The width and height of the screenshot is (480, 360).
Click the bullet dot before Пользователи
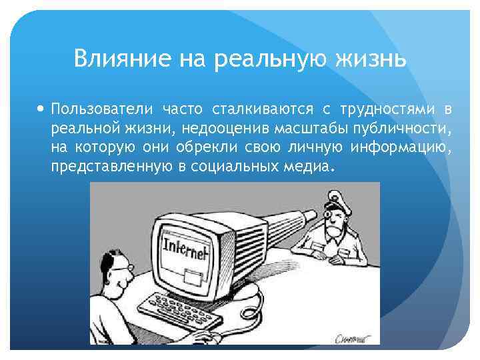42,109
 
